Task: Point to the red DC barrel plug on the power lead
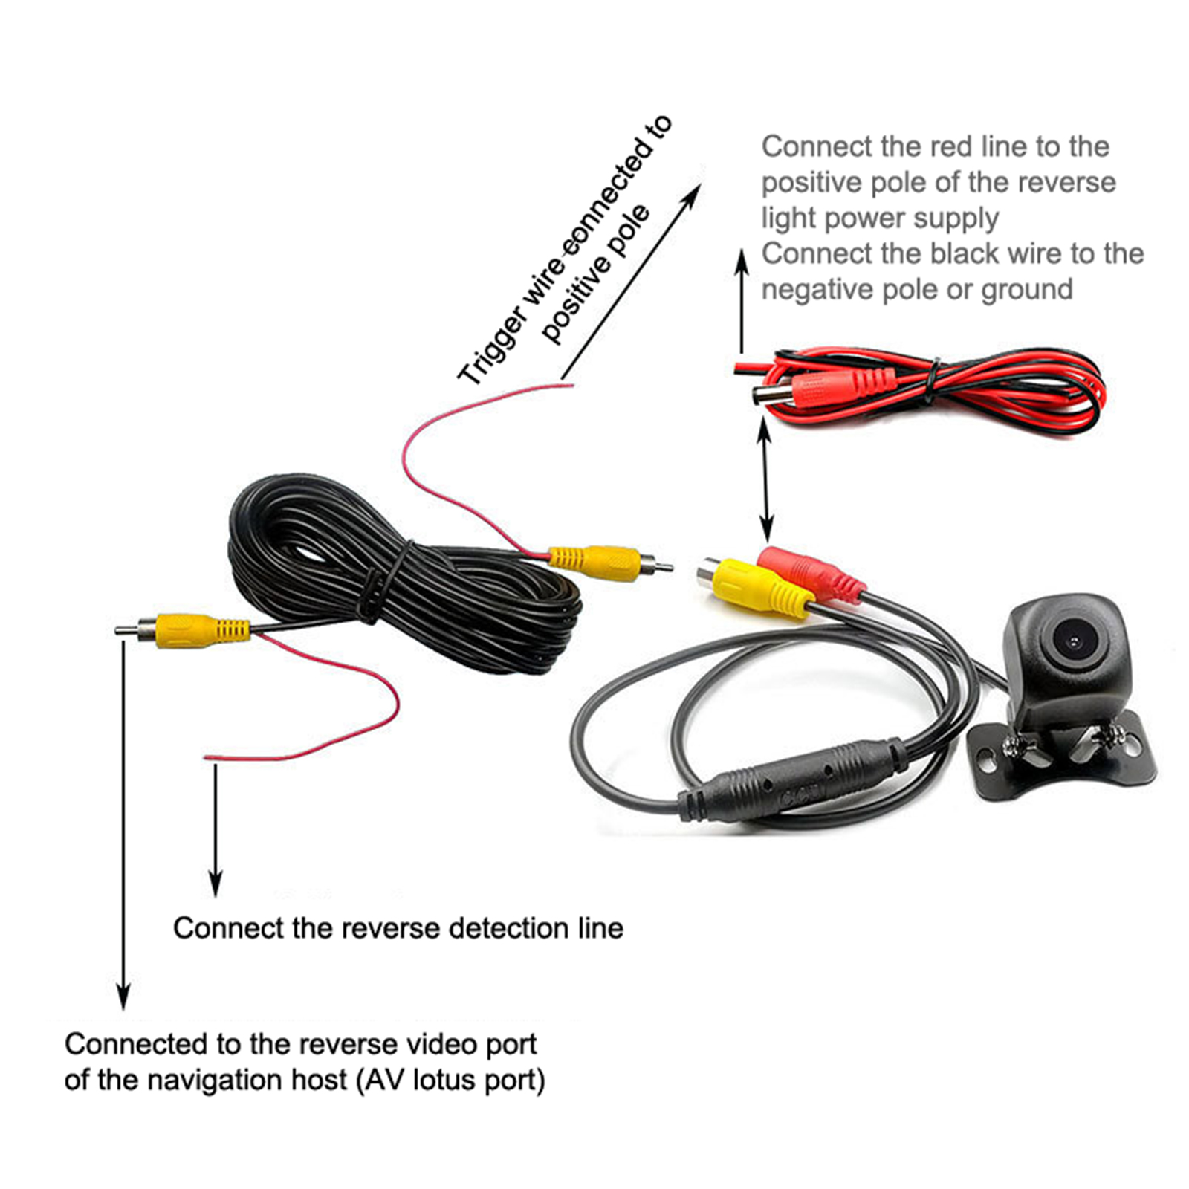point(825,389)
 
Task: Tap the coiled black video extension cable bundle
point(401,580)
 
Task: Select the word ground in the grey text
point(1026,290)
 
